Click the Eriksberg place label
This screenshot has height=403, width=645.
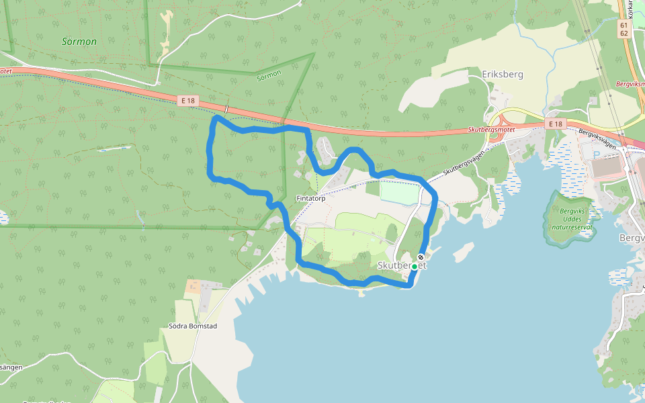[503, 75]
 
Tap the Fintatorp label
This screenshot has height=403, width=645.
[311, 199]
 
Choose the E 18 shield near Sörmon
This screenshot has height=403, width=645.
[188, 100]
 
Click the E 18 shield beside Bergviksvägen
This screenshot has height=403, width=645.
[554, 124]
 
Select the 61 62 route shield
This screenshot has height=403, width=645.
[624, 29]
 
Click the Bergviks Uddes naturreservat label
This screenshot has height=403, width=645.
[572, 218]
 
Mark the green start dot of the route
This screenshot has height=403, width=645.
[414, 267]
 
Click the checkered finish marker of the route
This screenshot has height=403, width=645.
[421, 257]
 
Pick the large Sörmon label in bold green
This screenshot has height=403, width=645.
[79, 42]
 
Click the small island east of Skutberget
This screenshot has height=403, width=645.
[464, 253]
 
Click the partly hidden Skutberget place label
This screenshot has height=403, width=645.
[402, 265]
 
